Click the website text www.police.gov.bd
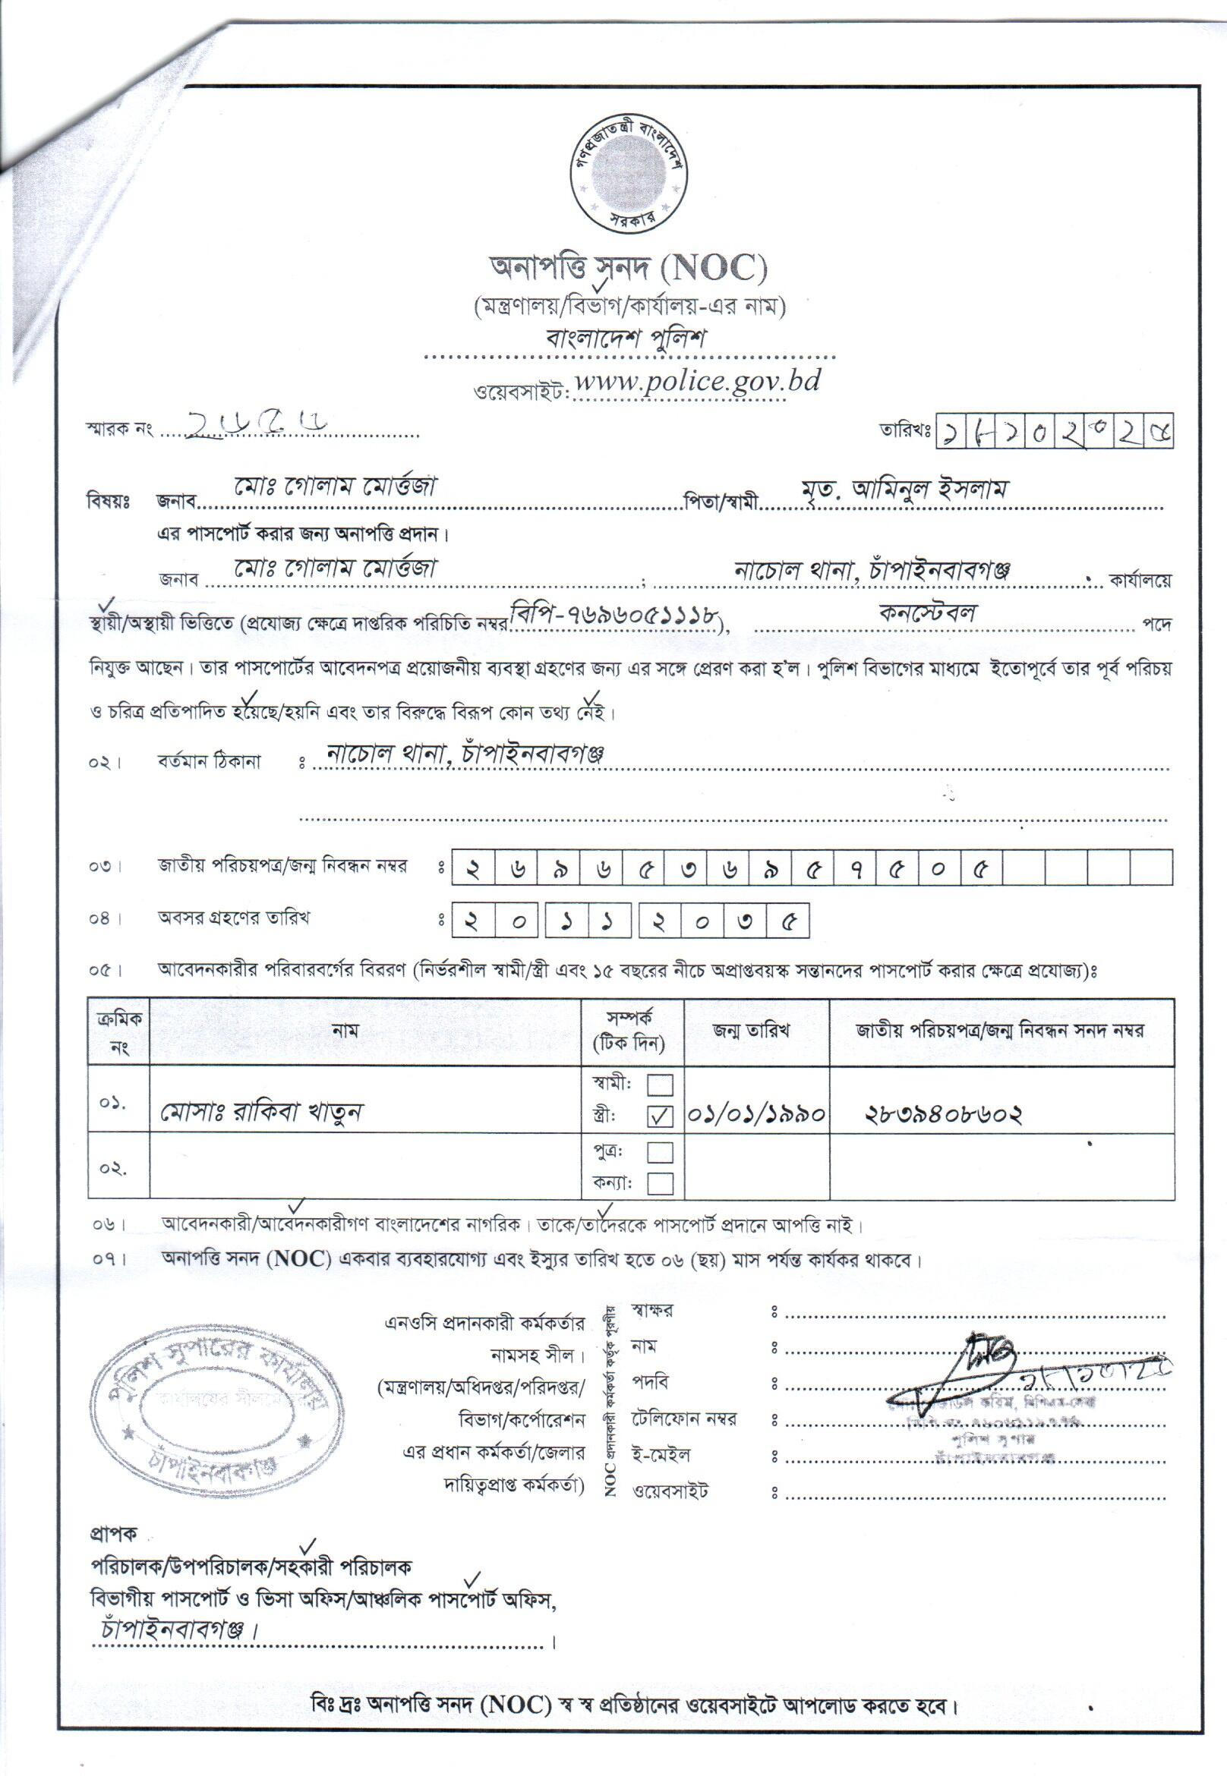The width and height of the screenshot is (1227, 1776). (696, 381)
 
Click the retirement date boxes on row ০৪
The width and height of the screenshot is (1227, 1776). (630, 923)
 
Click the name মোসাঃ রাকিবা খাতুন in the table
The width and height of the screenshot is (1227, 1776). (262, 1111)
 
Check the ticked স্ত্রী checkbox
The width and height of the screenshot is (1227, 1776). (661, 1116)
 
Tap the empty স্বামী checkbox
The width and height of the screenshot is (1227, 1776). (661, 1085)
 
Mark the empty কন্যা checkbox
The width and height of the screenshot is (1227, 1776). (661, 1183)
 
